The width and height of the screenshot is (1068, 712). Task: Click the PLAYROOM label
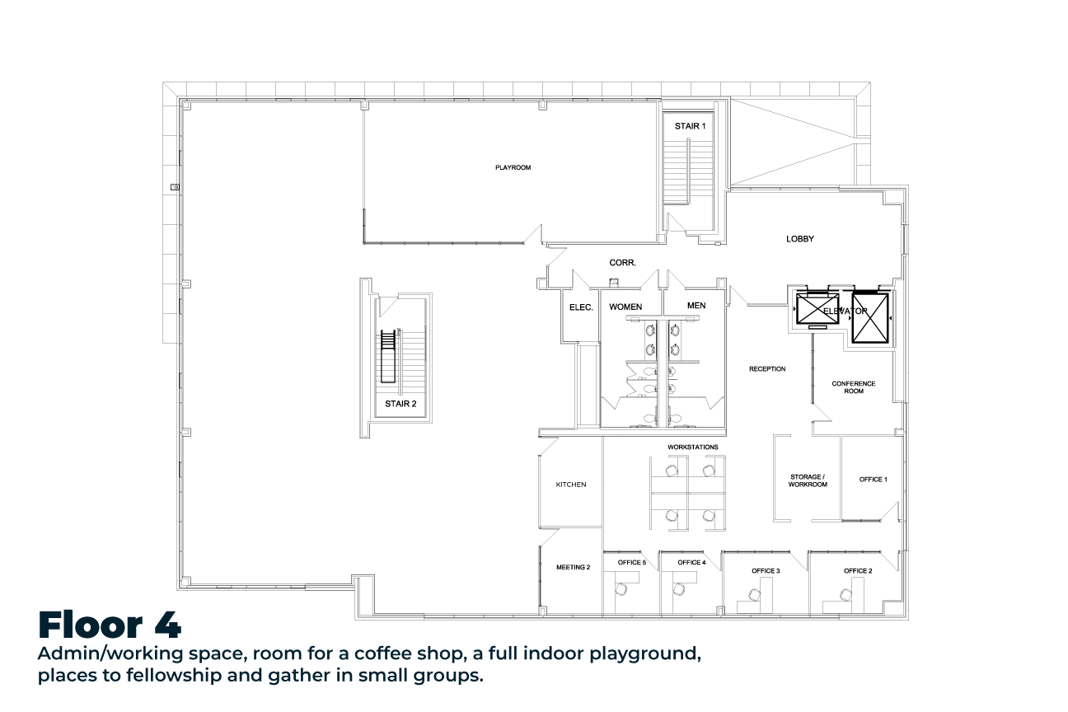coord(513,167)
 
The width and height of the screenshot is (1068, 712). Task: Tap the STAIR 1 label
coord(690,126)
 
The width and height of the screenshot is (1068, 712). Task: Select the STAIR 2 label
coord(400,404)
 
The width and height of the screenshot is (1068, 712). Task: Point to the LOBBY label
coord(799,239)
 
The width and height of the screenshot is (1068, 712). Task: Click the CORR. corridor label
coord(622,263)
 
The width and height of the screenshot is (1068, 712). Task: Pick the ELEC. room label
coord(581,307)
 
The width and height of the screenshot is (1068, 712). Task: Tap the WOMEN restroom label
coord(625,307)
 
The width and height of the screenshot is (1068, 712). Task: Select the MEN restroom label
coord(696,306)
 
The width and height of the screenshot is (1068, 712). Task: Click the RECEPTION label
coord(767,368)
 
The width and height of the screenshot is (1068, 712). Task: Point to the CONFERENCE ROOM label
coord(854,387)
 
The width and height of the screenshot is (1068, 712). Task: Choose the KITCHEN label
coord(571,485)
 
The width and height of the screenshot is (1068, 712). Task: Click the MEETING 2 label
coord(573,567)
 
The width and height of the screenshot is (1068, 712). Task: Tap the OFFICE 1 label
coord(873,480)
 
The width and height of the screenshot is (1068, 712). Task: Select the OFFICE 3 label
coord(766,571)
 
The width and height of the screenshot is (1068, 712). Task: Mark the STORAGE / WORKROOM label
coord(808,480)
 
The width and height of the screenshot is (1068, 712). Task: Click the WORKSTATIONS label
coord(692,447)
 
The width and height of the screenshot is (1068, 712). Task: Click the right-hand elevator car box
coord(870,318)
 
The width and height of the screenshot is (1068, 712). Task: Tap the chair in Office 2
coord(845,595)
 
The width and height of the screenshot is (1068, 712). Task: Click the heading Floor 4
coord(110,625)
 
